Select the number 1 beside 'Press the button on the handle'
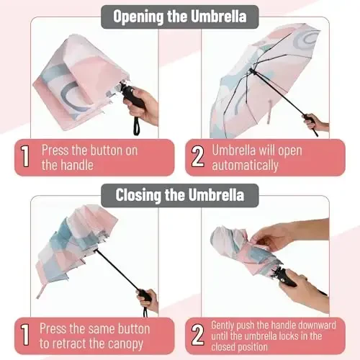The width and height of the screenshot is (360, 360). (26, 158)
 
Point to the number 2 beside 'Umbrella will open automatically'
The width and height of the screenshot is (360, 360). (197, 158)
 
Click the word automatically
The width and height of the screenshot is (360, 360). (245, 165)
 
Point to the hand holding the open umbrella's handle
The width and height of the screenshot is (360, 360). (317, 124)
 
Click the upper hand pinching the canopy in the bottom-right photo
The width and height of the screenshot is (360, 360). (270, 236)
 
